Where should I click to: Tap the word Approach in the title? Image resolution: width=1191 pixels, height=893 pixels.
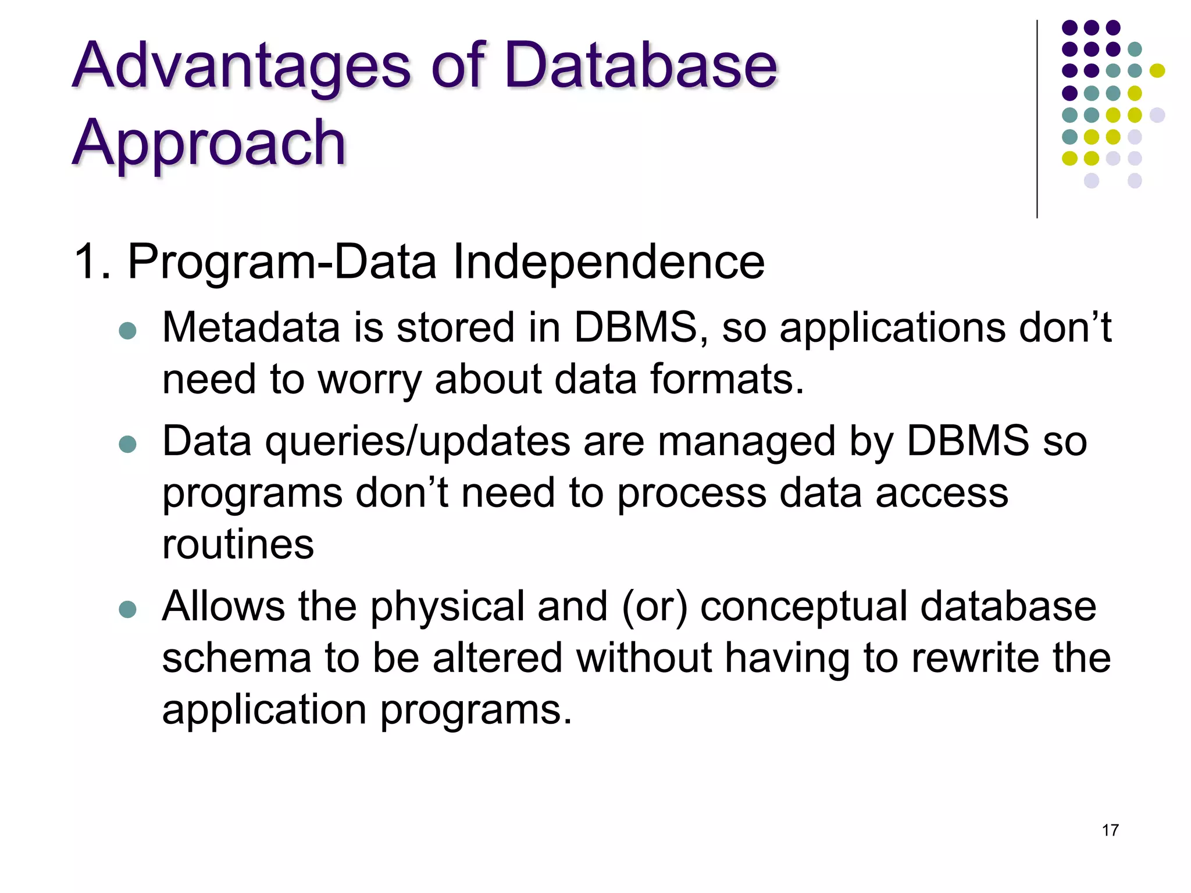tap(209, 142)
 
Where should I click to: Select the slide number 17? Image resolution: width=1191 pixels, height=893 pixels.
tap(1110, 830)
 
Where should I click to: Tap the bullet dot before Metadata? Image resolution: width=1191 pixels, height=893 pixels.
tap(127, 331)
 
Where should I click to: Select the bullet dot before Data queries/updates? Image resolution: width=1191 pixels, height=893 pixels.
tap(127, 445)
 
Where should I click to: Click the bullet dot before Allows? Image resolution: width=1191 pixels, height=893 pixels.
tap(127, 610)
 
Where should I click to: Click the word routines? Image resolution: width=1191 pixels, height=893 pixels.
tap(238, 545)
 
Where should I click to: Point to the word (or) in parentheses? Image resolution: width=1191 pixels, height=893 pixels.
tap(654, 607)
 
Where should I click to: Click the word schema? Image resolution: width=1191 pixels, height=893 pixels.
tap(236, 658)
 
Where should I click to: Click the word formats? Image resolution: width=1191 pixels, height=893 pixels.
tap(727, 380)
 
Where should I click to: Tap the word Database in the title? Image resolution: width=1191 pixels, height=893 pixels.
tap(640, 65)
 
